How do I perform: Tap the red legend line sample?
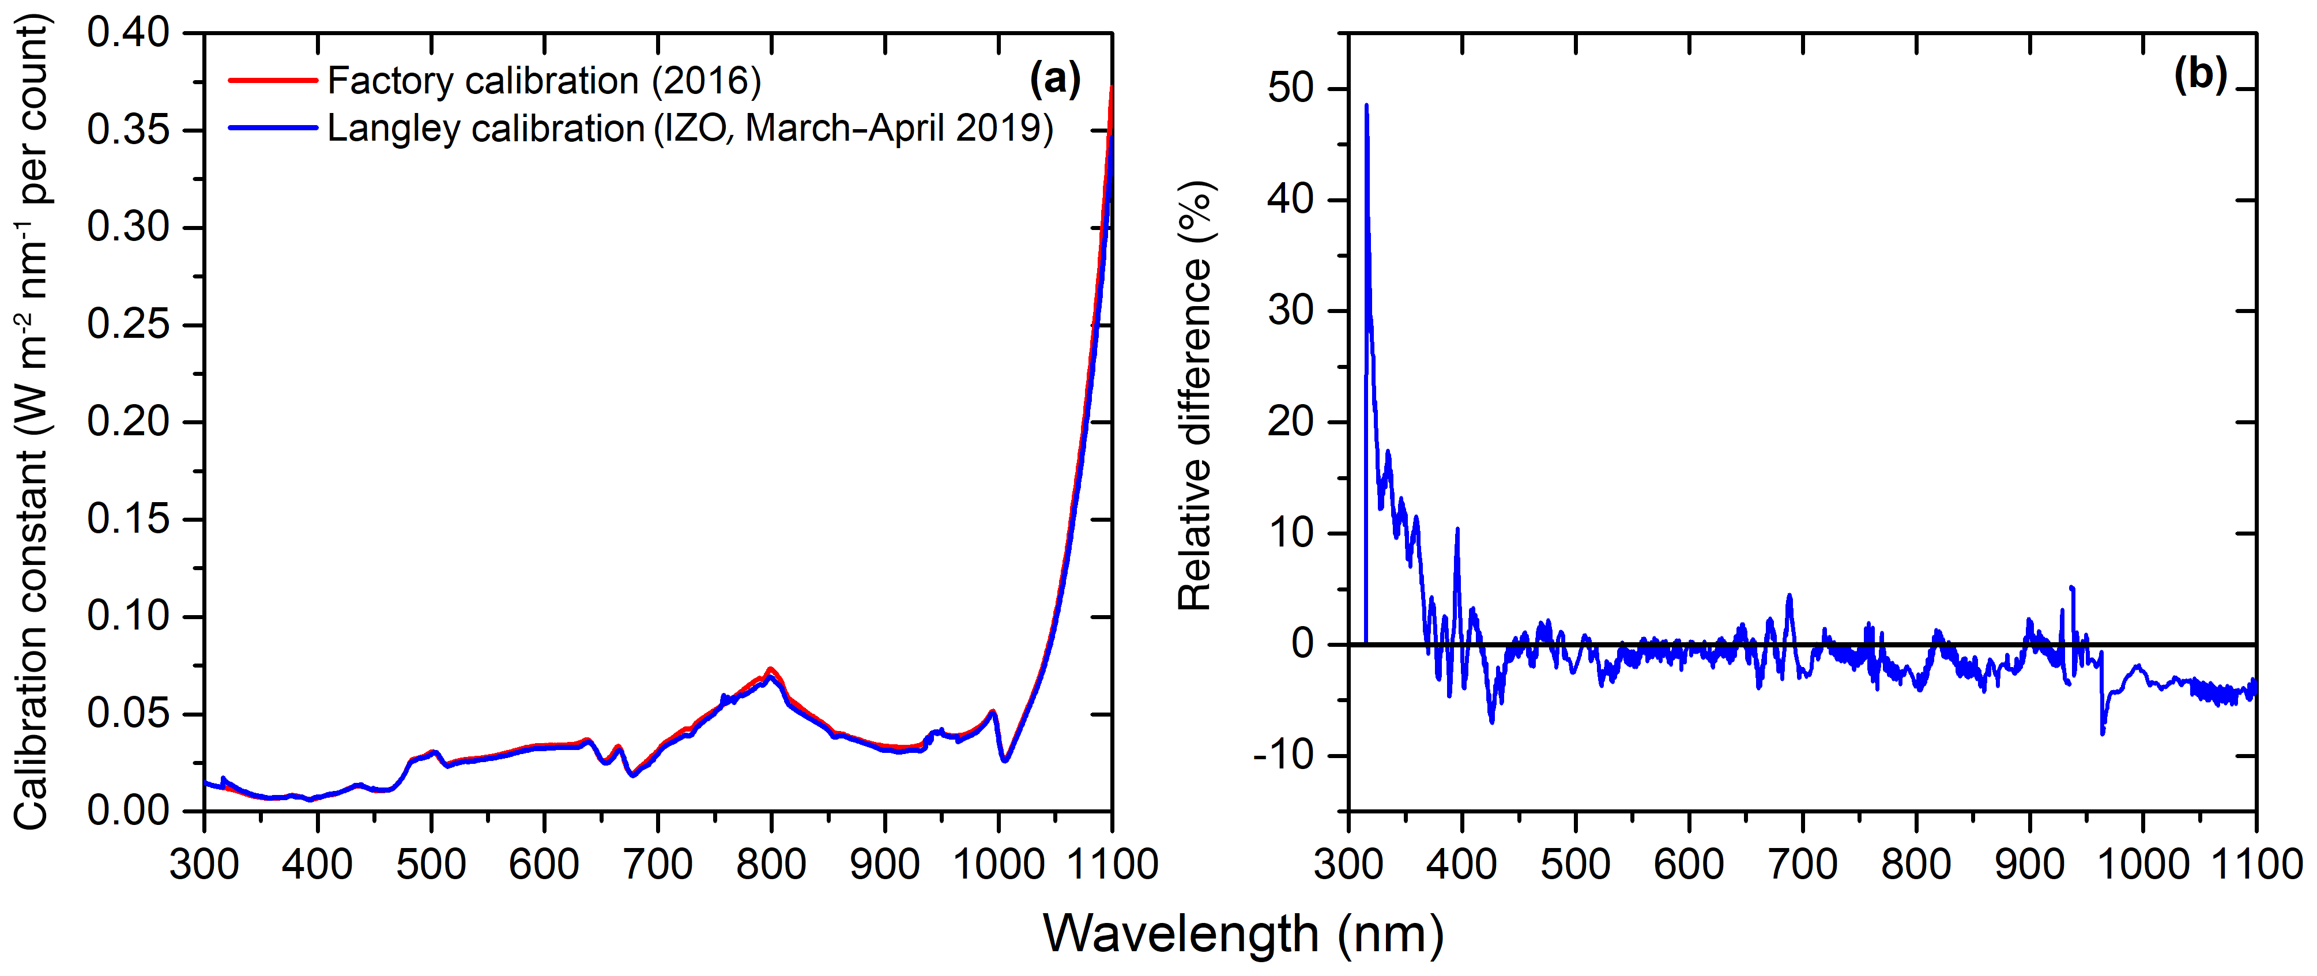pyautogui.click(x=273, y=81)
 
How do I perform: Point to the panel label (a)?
pyautogui.click(x=1054, y=78)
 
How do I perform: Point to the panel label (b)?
pyautogui.click(x=2200, y=74)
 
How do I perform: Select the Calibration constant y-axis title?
pyautogui.click(x=32, y=423)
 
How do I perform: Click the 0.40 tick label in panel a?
pyautogui.click(x=128, y=33)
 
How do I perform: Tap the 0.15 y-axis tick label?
pyautogui.click(x=128, y=519)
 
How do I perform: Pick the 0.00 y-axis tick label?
pyautogui.click(x=128, y=811)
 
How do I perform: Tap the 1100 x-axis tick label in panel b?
pyautogui.click(x=2256, y=865)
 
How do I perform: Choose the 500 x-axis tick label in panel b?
pyautogui.click(x=1575, y=865)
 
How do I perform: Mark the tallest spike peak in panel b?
pyautogui.click(x=1366, y=105)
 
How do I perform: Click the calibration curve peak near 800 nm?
pyautogui.click(x=770, y=670)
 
